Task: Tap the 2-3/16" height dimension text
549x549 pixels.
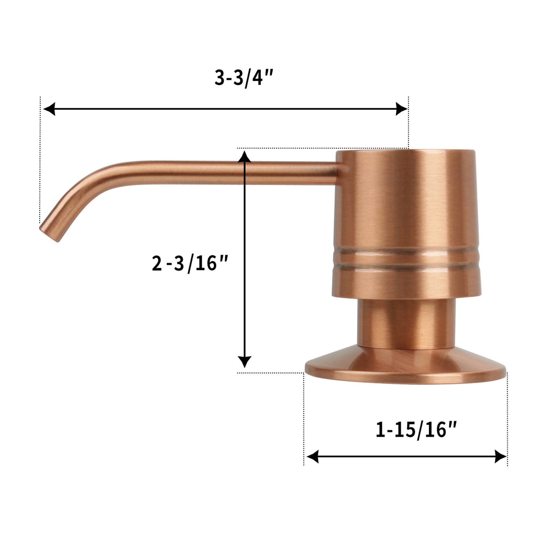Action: (190, 263)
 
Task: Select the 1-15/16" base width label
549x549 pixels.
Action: (416, 430)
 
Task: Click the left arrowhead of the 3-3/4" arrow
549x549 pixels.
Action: (49, 109)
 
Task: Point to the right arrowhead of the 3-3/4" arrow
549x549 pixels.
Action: (401, 109)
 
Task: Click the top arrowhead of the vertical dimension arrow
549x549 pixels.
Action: (244, 157)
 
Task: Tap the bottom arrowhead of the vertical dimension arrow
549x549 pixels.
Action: (244, 362)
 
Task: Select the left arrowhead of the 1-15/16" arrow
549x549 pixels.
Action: (312, 456)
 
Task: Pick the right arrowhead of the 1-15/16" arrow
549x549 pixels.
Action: (500, 456)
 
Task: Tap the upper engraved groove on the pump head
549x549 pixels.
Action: (406, 252)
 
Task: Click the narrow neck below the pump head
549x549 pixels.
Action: (406, 323)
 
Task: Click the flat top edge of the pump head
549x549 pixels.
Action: (406, 151)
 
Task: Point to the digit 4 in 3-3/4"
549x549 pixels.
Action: (257, 78)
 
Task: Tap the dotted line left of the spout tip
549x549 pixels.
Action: (40, 159)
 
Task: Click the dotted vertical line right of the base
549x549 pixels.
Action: (507, 421)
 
